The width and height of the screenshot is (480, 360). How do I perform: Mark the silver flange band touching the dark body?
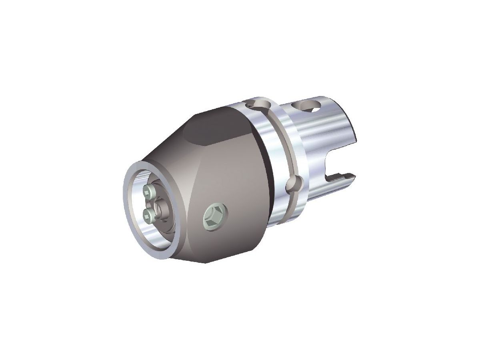click(x=264, y=168)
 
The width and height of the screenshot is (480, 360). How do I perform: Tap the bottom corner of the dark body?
click(x=206, y=262)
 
